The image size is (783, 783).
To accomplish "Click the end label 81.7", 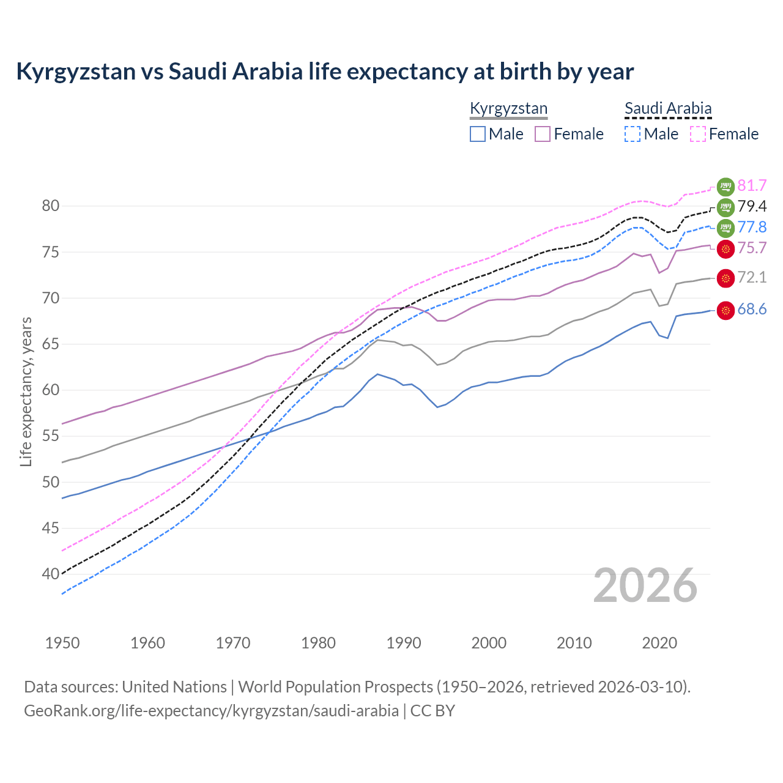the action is coord(752,185).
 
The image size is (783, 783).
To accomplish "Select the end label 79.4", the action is coord(752,206).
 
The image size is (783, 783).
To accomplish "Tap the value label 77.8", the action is coord(752,227).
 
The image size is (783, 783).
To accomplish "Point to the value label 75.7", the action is coord(752,248).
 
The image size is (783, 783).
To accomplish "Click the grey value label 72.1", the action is coord(752,277).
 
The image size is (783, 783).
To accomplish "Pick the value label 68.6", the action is coord(752,310).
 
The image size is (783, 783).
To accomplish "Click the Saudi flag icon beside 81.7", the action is coord(725,186).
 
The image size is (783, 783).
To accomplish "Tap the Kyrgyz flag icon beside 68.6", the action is coord(725,311).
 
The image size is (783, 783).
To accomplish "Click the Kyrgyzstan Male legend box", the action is coord(478,134).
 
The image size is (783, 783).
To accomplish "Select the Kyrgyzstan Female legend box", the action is coord(543,134).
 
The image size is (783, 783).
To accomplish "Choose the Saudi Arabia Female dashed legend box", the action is coord(698,134).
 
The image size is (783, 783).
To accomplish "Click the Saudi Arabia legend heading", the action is coord(668,109).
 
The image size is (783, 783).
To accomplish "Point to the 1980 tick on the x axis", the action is coord(318,643).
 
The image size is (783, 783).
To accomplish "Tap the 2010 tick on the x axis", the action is coord(574,643).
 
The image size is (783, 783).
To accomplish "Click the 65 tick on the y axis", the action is coord(51,344).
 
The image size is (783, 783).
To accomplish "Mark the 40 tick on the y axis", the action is coord(51,574).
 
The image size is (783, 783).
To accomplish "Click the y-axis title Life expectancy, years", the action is coord(26,391).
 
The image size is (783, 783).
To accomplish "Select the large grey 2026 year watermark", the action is coord(645,585).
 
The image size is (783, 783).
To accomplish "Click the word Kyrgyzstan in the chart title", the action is coord(76,72).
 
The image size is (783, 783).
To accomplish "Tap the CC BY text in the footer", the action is coord(432,711).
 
